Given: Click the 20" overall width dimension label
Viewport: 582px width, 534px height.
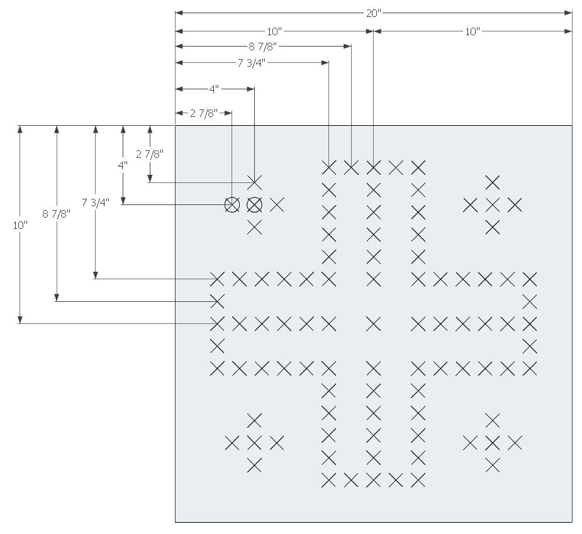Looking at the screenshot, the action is tap(373, 13).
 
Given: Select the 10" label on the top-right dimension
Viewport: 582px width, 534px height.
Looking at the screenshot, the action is tap(473, 31).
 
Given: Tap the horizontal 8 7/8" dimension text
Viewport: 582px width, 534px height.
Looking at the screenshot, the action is tap(263, 47).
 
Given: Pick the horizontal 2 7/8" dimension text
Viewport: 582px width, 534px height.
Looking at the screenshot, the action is tap(204, 113).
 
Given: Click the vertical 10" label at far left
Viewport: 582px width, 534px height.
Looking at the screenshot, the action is tap(20, 225).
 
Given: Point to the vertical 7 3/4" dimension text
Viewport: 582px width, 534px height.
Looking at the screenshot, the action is tap(96, 203).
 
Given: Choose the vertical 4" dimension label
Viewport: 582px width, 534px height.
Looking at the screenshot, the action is tap(123, 165).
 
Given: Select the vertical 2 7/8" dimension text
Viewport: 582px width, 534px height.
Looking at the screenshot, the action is tap(150, 154).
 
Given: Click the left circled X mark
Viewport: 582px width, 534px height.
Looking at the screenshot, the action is tap(232, 205).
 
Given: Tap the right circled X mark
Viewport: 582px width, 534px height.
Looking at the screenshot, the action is tap(254, 205).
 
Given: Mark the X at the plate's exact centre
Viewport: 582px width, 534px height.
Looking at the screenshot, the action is tap(373, 324).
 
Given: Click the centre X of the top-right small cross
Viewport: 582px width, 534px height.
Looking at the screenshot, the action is tap(493, 205).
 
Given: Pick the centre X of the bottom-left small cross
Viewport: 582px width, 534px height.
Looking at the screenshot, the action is tap(254, 443).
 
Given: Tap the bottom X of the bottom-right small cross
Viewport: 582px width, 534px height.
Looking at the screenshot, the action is tap(493, 465).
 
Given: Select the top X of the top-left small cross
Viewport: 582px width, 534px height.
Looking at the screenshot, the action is tap(254, 182).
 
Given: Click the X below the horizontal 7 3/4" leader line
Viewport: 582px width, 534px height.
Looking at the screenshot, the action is tap(329, 168).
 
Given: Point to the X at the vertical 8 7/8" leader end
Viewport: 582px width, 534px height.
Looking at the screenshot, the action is tap(217, 301).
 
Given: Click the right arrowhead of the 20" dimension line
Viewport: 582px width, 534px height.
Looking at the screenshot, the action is tap(568, 13).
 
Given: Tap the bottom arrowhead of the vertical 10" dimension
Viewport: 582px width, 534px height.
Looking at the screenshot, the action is tap(20, 320).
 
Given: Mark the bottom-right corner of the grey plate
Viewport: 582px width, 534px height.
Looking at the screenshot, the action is tap(573, 522).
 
